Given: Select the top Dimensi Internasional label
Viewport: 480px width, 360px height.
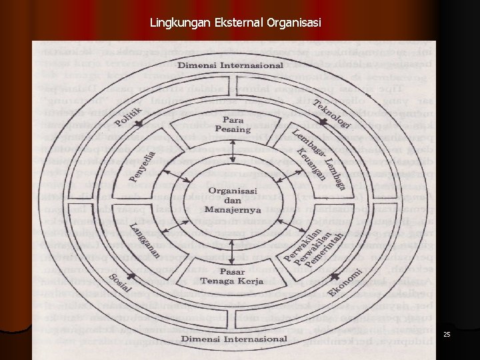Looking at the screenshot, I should (231, 66).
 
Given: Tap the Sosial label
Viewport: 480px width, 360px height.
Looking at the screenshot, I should (120, 284).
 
